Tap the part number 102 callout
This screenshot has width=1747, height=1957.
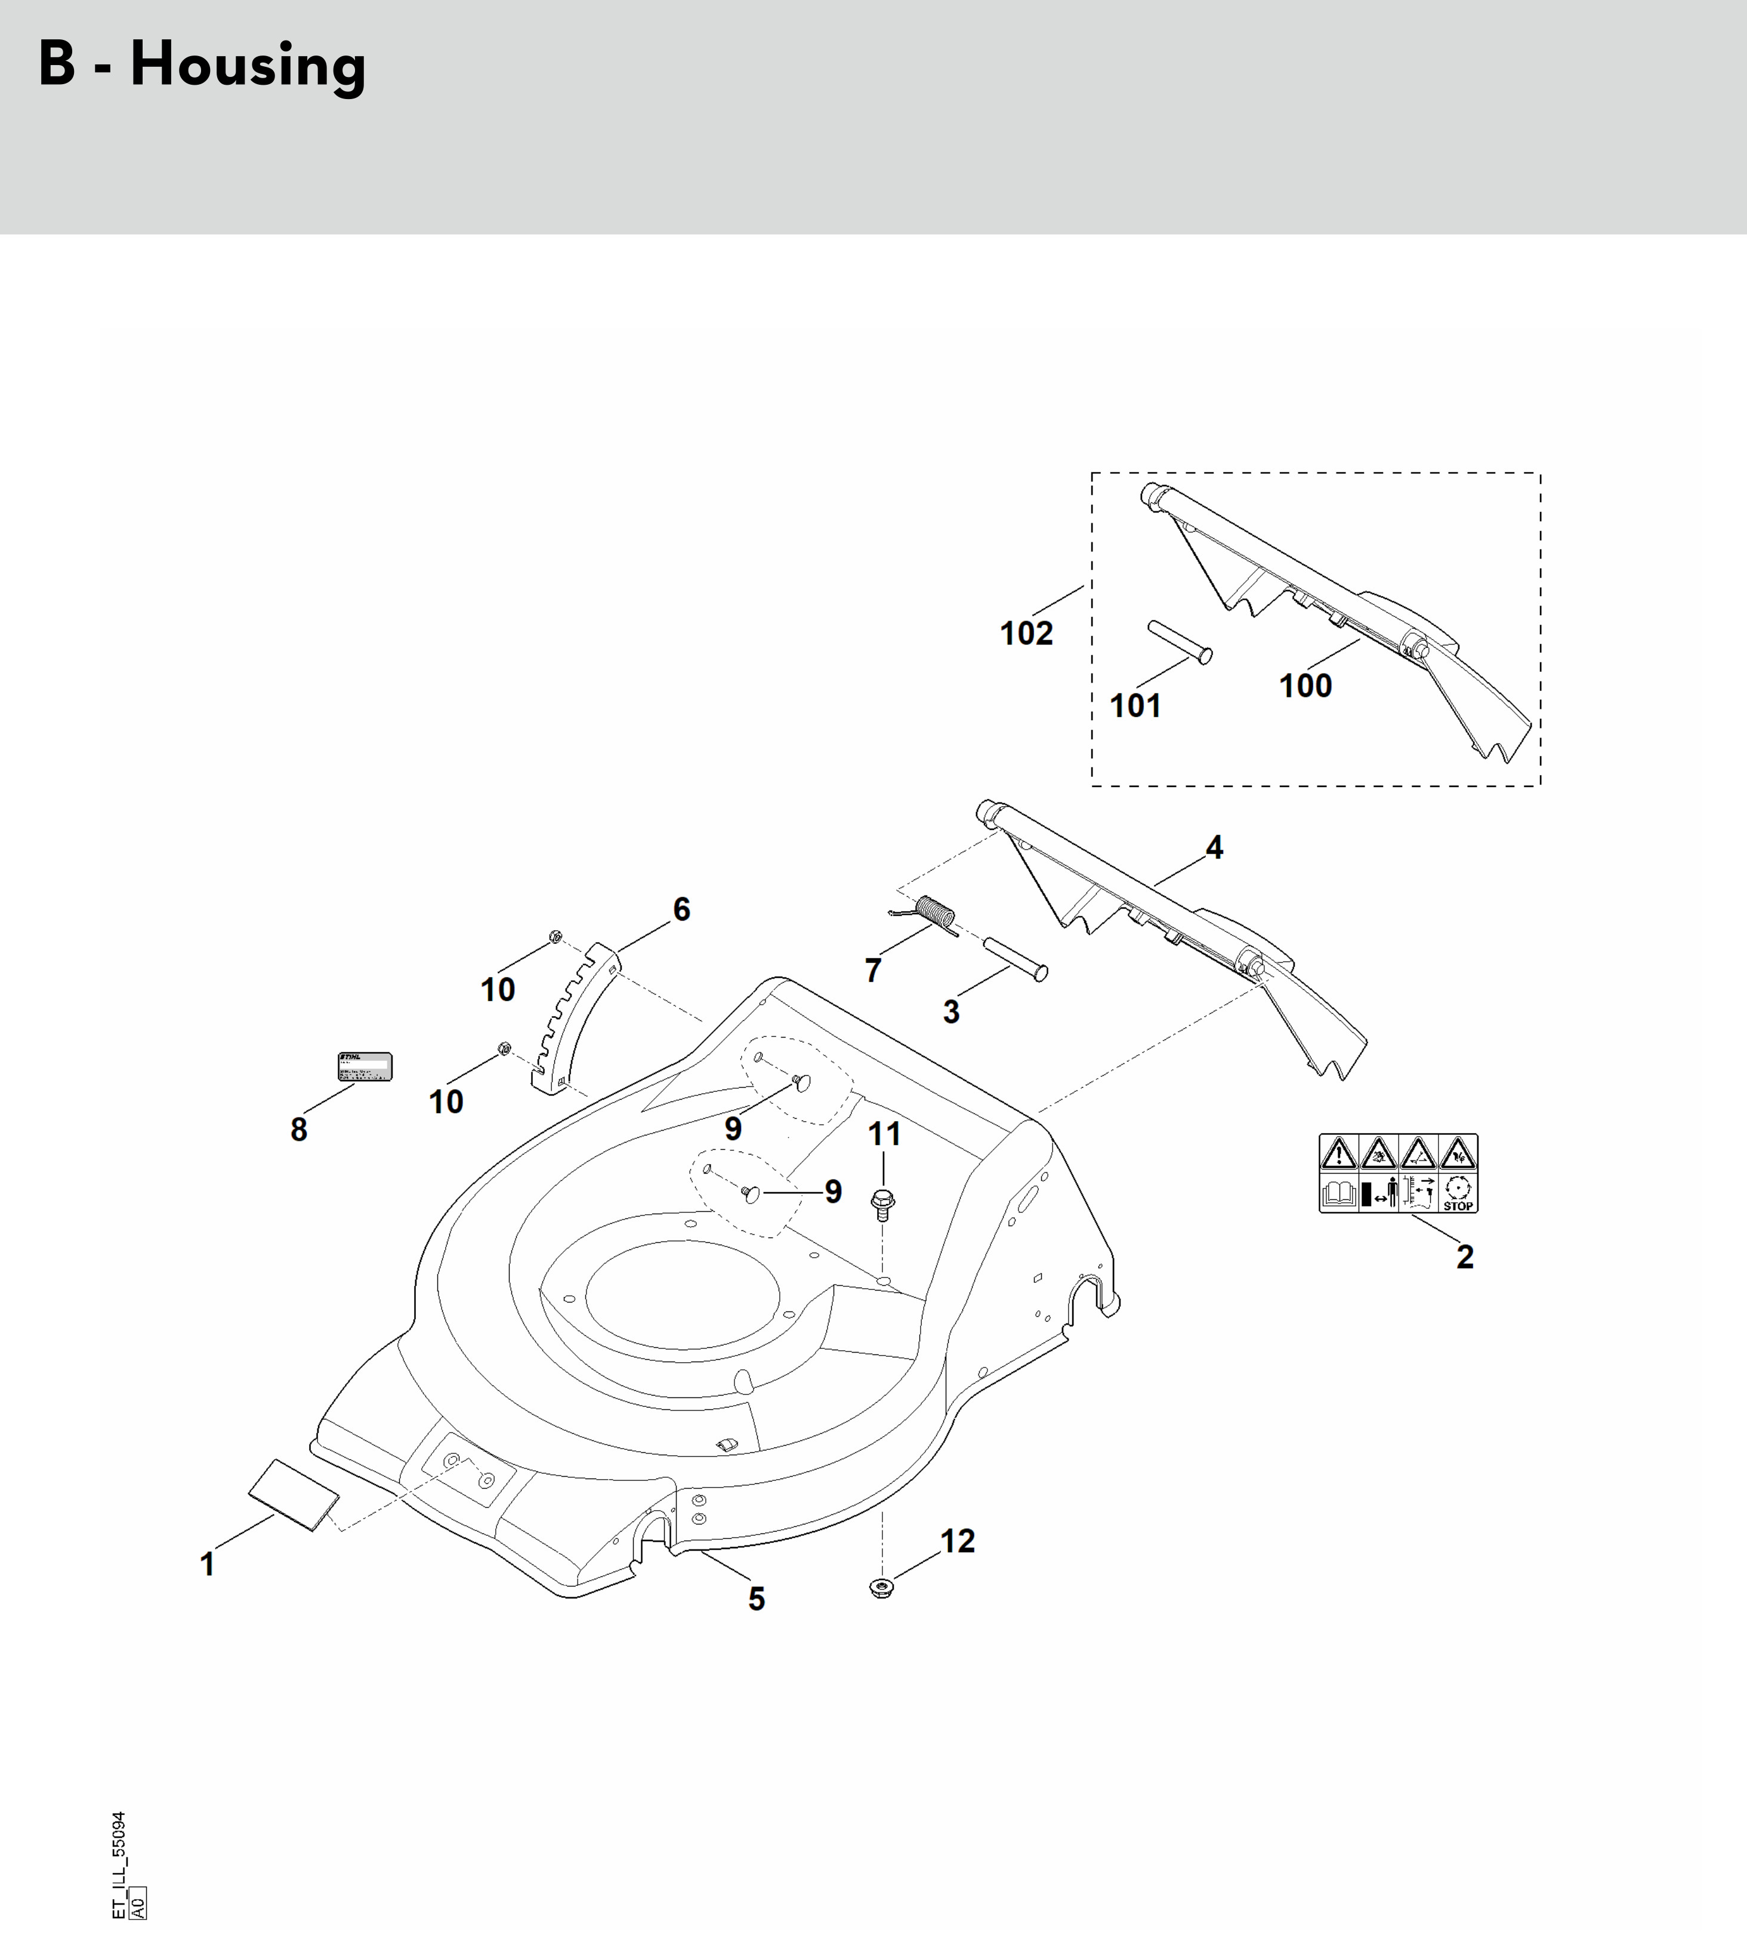(x=1026, y=634)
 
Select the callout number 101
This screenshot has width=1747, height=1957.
(x=1135, y=706)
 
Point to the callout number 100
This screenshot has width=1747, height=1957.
(x=1305, y=686)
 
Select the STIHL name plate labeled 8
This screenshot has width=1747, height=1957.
(x=365, y=1066)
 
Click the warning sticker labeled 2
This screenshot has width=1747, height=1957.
(x=1397, y=1173)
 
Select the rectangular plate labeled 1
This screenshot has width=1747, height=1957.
(x=294, y=1495)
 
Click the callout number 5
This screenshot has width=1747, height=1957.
(x=757, y=1599)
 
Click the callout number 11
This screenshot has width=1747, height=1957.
(x=884, y=1134)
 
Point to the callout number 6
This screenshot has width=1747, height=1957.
(x=681, y=909)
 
